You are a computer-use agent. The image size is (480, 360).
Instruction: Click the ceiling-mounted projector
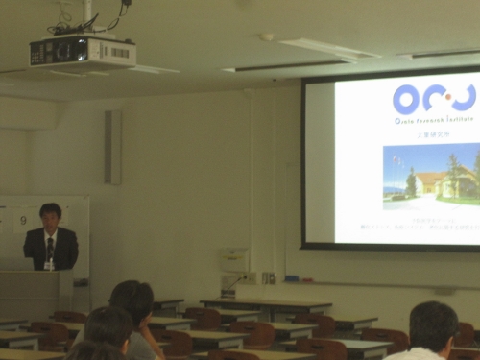pos(81,52)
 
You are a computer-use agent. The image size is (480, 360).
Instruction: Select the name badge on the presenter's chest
pos(49,263)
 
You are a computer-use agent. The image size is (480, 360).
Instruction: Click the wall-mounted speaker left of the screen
pos(113,147)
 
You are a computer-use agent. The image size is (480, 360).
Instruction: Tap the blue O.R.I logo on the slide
pos(433,98)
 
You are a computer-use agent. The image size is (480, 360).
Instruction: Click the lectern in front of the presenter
pos(36,294)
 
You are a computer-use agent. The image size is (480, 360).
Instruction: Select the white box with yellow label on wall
pos(232,258)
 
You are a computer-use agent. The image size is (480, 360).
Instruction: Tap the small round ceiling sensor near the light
pos(267,37)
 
